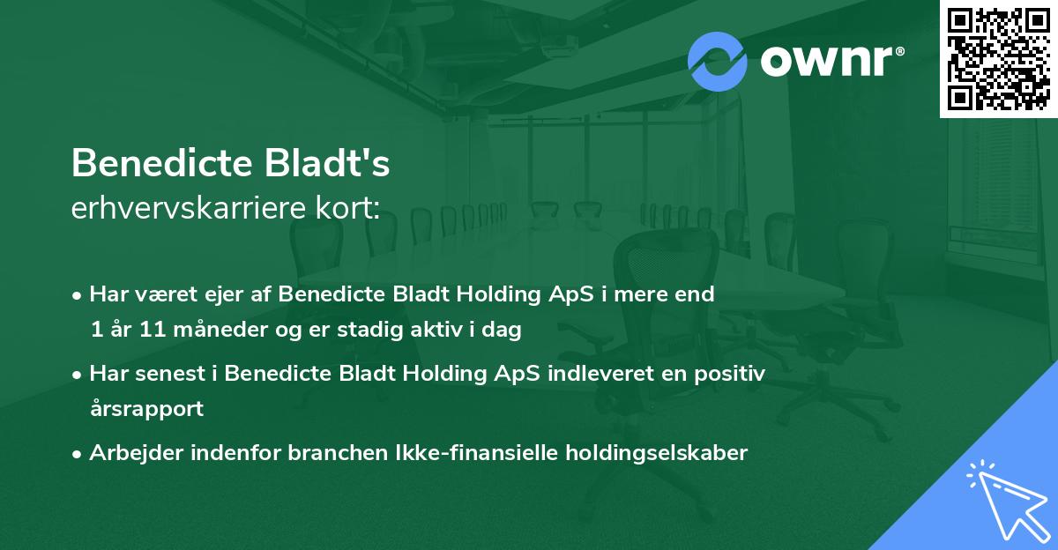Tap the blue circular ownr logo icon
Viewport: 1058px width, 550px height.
717,61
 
